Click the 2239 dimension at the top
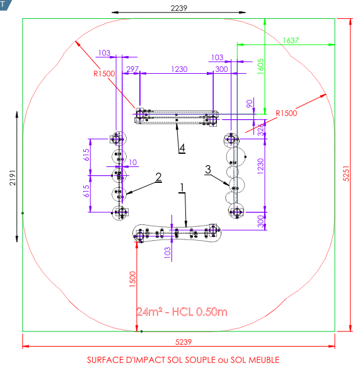click(179, 8)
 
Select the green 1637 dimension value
click(291, 40)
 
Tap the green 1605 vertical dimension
click(260, 67)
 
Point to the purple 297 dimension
click(132, 69)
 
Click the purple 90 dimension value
click(250, 103)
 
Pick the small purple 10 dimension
click(132, 163)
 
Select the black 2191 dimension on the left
click(13, 178)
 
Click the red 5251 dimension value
click(346, 173)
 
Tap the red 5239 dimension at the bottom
click(183, 342)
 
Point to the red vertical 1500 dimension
click(132, 279)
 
